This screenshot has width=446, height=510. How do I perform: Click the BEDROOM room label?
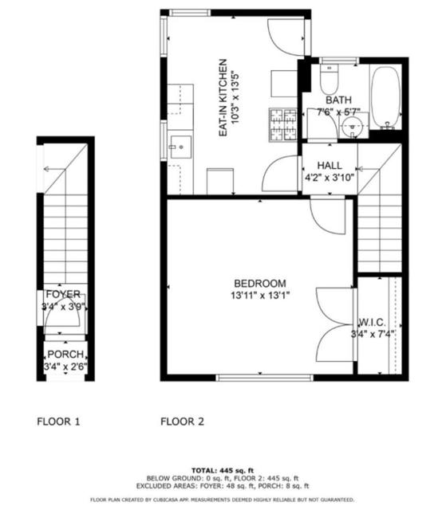pyautogui.click(x=260, y=284)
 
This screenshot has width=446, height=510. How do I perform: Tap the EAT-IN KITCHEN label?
pyautogui.click(x=223, y=97)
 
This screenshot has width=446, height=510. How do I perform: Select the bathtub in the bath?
pyautogui.click(x=386, y=98)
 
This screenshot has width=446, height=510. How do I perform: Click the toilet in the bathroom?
pyautogui.click(x=330, y=79)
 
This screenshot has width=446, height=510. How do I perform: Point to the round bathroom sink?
pyautogui.click(x=353, y=125)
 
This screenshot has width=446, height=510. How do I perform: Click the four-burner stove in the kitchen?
pyautogui.click(x=283, y=125)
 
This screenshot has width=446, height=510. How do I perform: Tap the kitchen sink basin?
pyautogui.click(x=181, y=147)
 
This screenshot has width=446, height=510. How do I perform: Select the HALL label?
pyautogui.click(x=330, y=166)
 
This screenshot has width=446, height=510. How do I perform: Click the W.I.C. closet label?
pyautogui.click(x=372, y=323)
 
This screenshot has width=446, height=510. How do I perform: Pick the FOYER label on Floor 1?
pyautogui.click(x=63, y=294)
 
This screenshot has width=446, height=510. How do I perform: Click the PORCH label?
pyautogui.click(x=65, y=354)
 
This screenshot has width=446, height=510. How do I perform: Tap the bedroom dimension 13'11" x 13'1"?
pyautogui.click(x=260, y=296)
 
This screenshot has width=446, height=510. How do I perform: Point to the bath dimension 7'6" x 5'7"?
pyautogui.click(x=338, y=112)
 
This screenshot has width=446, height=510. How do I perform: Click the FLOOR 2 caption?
pyautogui.click(x=182, y=422)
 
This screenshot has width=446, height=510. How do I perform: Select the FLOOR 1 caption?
pyautogui.click(x=58, y=422)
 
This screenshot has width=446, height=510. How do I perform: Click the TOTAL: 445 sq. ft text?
pyautogui.click(x=223, y=470)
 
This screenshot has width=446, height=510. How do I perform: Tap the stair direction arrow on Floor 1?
pyautogui.click(x=55, y=169)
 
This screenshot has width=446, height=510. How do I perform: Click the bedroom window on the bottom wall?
pyautogui.click(x=264, y=378)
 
